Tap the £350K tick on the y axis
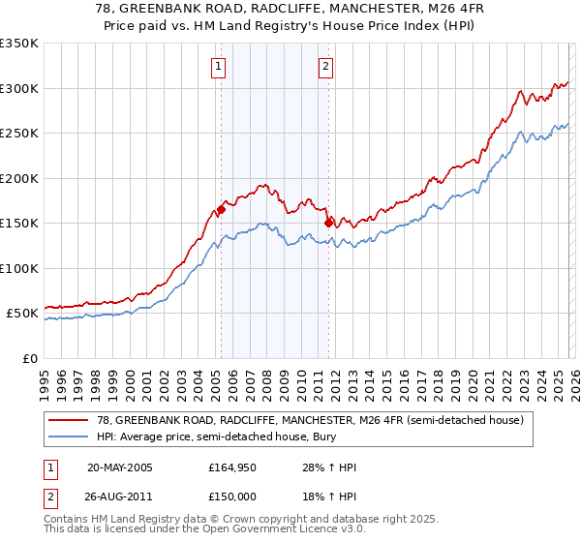(19, 44)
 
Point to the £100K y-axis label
(19, 268)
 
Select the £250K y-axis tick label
(19, 134)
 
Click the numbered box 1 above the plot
(219, 67)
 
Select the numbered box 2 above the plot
(326, 67)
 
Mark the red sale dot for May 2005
(222, 208)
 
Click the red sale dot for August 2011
(328, 222)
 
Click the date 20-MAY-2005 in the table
(120, 467)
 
